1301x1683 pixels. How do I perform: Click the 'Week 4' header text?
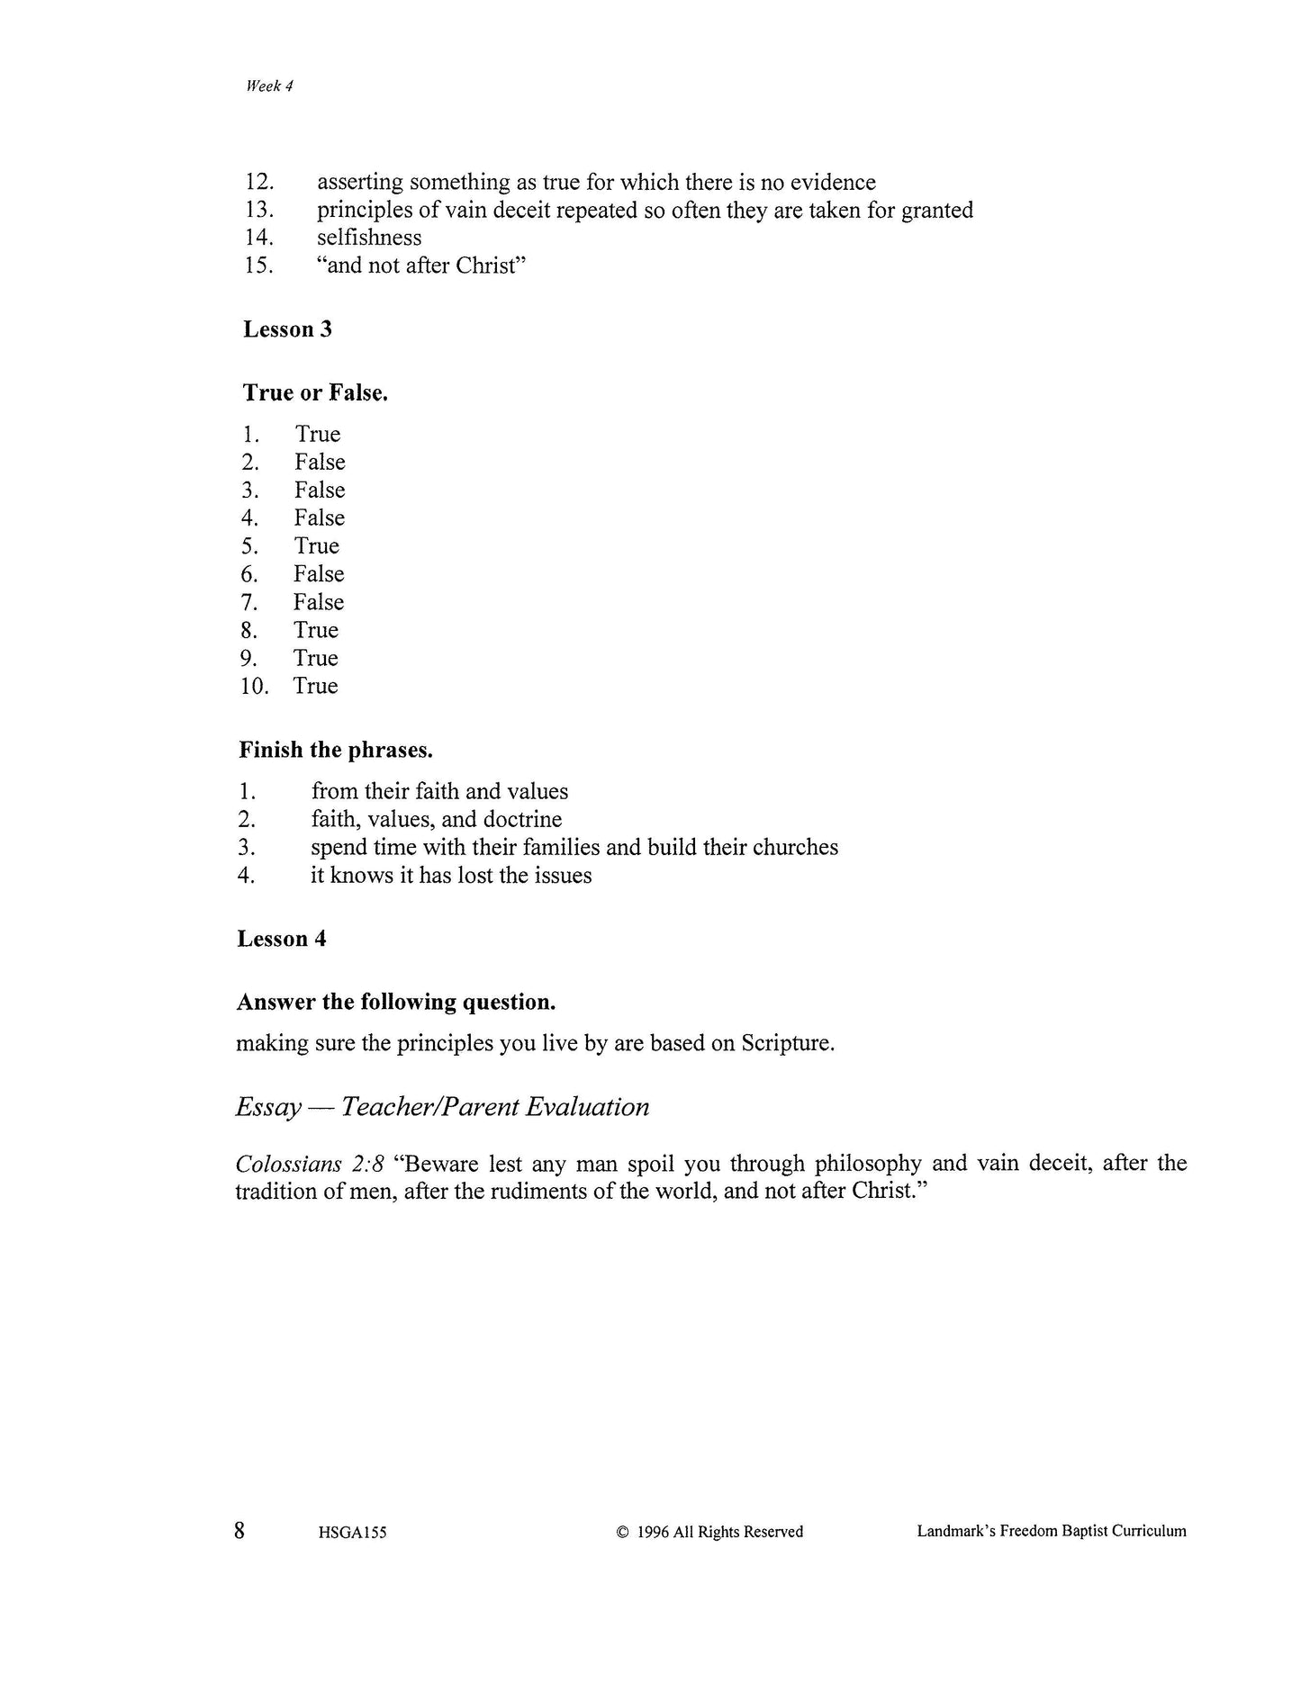pos(269,86)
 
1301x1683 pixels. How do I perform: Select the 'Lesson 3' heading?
pos(287,329)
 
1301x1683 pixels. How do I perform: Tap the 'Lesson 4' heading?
pos(281,939)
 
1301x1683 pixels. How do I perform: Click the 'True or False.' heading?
pos(315,393)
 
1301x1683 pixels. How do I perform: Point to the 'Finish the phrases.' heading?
pos(335,750)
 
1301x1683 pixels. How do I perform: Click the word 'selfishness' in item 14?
pos(369,238)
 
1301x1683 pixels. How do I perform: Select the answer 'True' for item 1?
pos(318,435)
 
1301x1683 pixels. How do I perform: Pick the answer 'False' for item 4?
pos(319,518)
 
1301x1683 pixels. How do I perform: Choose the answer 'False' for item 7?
pos(318,602)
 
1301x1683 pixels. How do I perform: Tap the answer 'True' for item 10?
pos(315,686)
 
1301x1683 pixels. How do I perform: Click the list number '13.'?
pos(259,211)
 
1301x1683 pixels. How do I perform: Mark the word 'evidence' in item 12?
pos(833,183)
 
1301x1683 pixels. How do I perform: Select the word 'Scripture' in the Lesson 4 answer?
pos(786,1044)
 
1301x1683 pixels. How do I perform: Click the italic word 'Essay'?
pos(268,1107)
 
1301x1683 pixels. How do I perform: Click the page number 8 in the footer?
pos(239,1530)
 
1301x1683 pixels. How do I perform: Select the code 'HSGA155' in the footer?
pos(352,1533)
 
